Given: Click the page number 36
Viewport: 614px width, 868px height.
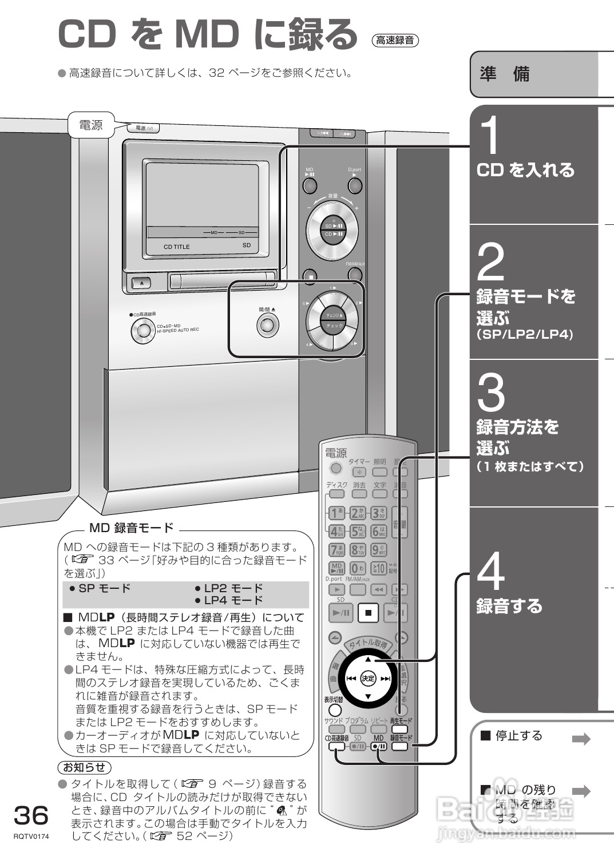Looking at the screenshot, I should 31,815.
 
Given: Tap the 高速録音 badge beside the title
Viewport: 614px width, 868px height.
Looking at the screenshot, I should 395,40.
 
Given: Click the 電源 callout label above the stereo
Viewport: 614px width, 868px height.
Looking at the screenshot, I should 90,125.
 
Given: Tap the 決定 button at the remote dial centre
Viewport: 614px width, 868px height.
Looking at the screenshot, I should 368,678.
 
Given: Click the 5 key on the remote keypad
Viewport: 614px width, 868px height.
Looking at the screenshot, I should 357,532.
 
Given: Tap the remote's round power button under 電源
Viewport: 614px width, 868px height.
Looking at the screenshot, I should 336,469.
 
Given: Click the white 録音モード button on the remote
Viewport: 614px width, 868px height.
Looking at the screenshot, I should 400,746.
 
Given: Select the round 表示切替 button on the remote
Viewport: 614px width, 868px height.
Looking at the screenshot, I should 334,710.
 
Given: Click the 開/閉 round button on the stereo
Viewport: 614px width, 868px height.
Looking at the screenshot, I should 267,326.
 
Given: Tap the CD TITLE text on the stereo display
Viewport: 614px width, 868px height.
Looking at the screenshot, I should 176,247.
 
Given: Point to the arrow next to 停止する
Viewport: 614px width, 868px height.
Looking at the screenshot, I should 581,739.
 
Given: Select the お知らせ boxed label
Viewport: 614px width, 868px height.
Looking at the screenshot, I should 85,767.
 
